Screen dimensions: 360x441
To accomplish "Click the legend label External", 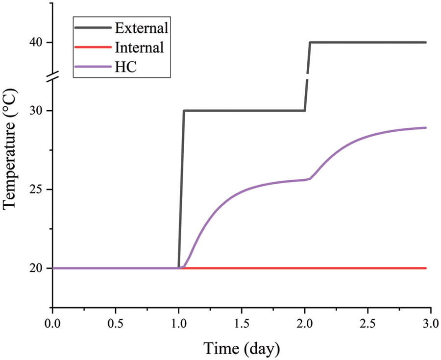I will (x=142, y=28).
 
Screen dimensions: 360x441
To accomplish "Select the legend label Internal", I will (x=139, y=48).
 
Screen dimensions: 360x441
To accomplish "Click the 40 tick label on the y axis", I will (x=38, y=43).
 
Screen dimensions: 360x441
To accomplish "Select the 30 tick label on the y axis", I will (x=38, y=111).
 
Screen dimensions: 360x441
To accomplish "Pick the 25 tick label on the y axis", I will (x=38, y=190).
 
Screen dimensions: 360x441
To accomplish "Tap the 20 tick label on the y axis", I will (x=38, y=268).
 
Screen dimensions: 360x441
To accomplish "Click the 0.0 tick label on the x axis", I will (x=52, y=326).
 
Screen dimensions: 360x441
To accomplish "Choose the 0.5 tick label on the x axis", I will (x=116, y=326).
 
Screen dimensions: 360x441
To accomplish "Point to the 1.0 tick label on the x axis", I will (x=179, y=326).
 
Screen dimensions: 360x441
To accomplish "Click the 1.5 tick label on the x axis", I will (x=242, y=326).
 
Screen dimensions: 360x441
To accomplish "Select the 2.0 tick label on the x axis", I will (x=305, y=326).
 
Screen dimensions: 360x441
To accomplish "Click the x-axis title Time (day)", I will (x=242, y=349).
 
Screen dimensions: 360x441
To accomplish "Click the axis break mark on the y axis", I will (x=52, y=76).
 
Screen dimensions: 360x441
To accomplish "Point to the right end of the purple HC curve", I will (x=426, y=128).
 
